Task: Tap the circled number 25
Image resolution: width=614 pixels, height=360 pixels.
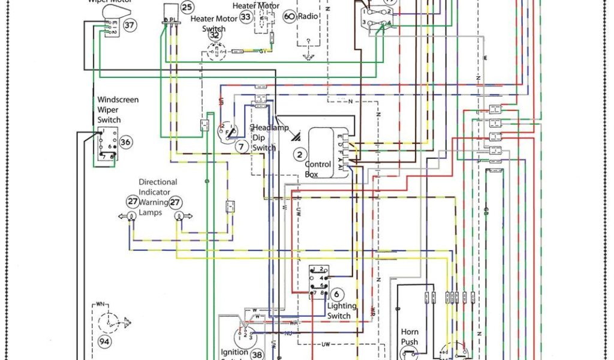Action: tap(187, 7)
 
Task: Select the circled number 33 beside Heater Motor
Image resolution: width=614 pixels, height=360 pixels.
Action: tap(245, 17)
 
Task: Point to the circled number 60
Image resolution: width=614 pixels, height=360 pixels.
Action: tap(289, 16)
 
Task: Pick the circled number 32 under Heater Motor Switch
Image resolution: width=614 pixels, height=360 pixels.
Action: tap(214, 35)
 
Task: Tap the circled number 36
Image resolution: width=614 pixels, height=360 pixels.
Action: tap(125, 142)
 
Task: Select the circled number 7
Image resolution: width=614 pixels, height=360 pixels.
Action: tap(241, 146)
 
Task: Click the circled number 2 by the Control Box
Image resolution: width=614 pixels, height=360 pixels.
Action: tap(299, 154)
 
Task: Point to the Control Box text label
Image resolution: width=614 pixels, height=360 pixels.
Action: tap(318, 169)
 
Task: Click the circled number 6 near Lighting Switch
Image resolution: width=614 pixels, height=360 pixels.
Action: tap(337, 294)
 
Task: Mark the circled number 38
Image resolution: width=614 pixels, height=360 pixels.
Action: tap(257, 355)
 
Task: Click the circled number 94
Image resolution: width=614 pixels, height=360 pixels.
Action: tap(105, 341)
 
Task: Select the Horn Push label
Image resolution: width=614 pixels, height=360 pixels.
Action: tap(410, 337)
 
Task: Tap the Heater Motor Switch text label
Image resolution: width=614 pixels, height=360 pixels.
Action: tap(208, 23)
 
